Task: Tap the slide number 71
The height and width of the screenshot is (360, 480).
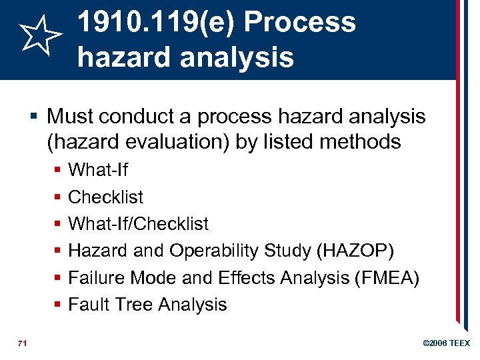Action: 23,343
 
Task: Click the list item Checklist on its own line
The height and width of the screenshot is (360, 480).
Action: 105,197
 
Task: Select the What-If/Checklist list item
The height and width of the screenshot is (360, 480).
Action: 138,224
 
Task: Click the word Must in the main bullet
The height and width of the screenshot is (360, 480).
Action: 69,117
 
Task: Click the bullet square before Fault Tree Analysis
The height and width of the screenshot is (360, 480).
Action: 58,305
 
